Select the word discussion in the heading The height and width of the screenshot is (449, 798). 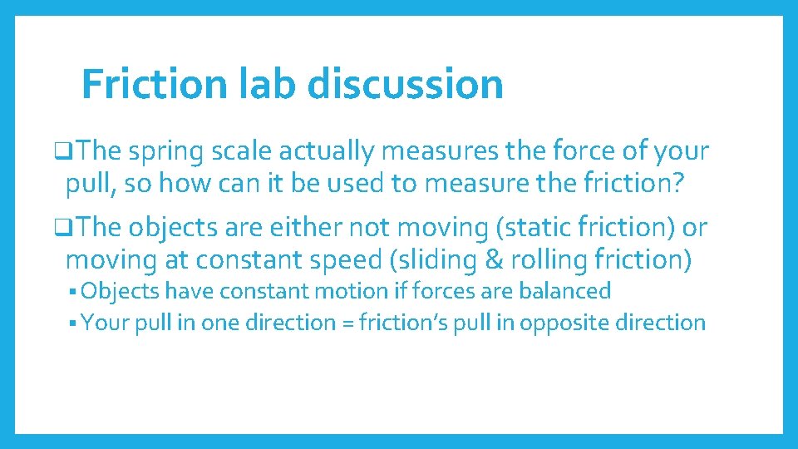tap(406, 83)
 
